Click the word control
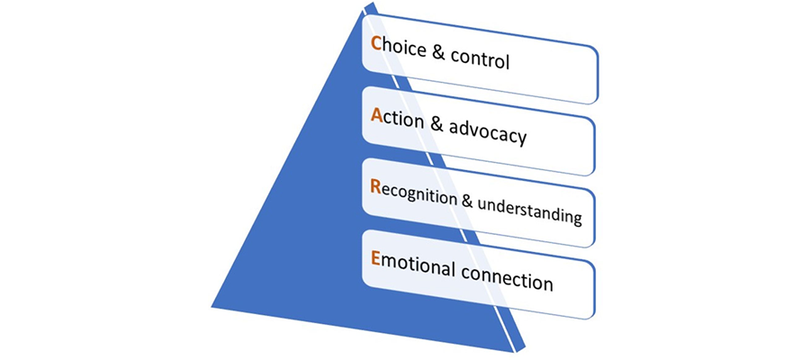click(x=476, y=63)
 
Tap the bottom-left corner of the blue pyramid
click(x=212, y=304)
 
